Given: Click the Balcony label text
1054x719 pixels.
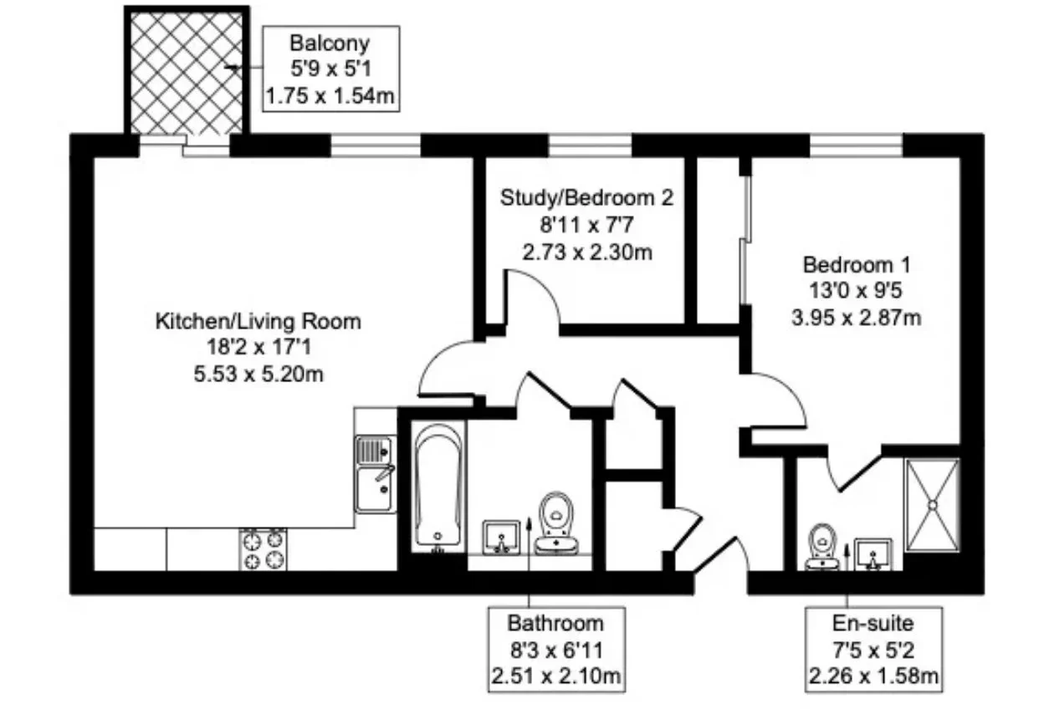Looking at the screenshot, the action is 330,43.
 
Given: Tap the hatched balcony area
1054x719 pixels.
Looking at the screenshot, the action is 187,73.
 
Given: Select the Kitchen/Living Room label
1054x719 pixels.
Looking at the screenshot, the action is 258,322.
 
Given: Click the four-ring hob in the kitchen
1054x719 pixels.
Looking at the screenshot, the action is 263,549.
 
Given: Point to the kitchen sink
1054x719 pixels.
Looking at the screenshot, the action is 375,473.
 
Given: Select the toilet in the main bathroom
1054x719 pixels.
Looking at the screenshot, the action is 556,523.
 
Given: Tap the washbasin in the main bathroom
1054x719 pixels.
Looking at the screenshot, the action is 502,537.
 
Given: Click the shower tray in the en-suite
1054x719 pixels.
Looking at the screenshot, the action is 932,506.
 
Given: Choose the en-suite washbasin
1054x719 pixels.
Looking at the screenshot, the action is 873,554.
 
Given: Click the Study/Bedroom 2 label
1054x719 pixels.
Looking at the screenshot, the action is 586,198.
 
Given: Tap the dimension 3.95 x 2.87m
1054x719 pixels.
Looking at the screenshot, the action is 857,319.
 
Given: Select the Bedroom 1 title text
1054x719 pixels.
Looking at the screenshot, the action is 857,265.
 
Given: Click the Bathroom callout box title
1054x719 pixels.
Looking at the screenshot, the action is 555,624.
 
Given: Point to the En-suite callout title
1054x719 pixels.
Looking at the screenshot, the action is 873,624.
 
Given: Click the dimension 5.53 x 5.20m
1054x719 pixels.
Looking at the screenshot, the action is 258,375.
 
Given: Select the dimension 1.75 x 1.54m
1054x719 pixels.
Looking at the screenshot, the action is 330,96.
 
